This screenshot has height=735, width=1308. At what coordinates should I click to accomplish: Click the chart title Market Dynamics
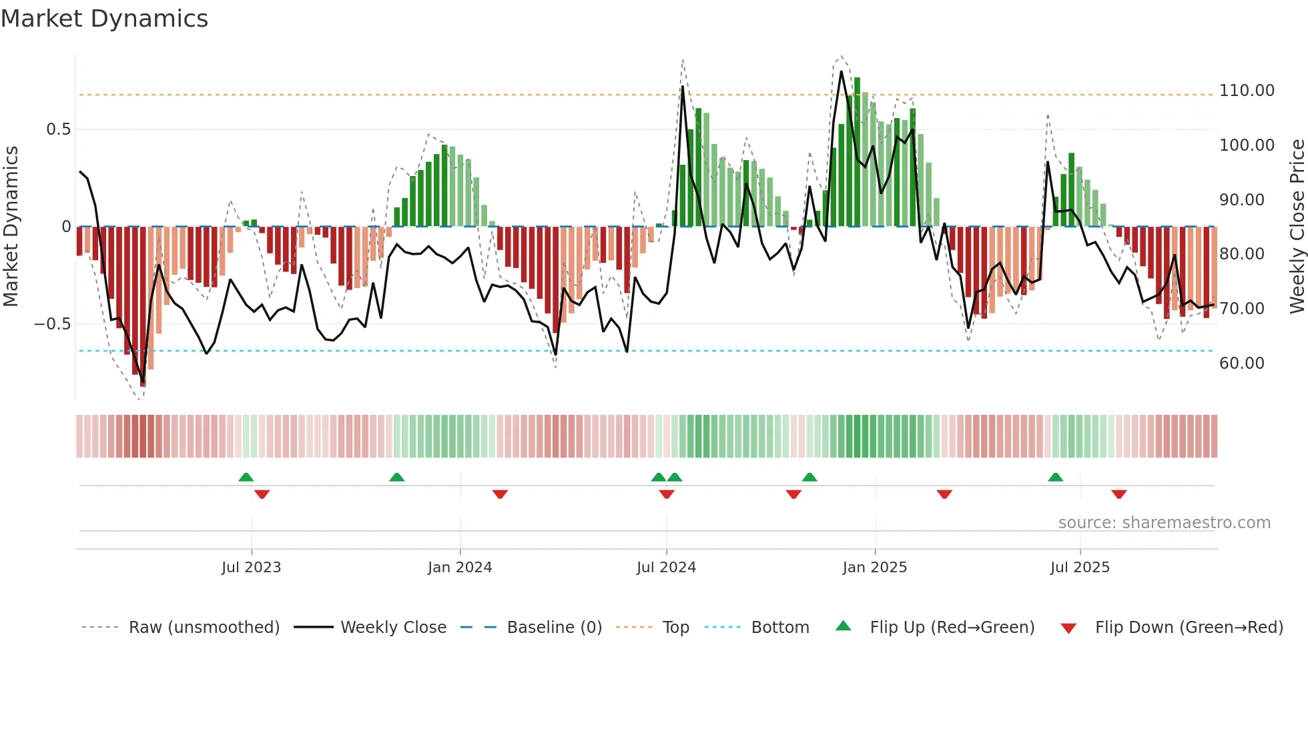tap(104, 19)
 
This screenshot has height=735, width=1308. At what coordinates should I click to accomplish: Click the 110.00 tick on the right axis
tap(1246, 91)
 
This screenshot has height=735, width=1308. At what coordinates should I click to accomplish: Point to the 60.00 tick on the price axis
tap(1241, 363)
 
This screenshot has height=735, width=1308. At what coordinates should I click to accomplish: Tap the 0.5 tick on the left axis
tap(58, 129)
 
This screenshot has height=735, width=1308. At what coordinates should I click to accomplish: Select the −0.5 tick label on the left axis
tap(53, 324)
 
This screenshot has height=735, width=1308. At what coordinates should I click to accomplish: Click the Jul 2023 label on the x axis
tap(251, 568)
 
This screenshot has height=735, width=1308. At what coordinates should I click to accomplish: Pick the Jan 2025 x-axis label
tap(874, 568)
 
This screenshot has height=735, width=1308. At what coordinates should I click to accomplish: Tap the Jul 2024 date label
tap(666, 568)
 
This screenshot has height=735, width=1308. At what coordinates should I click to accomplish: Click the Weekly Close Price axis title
tap(1297, 226)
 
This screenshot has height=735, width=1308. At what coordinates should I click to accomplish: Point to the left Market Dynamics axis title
tap(11, 226)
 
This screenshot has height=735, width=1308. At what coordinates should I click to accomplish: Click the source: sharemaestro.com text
tap(1164, 523)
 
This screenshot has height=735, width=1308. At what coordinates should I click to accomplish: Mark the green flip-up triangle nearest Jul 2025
tap(1055, 478)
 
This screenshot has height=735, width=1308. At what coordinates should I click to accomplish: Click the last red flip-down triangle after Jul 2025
tap(1119, 494)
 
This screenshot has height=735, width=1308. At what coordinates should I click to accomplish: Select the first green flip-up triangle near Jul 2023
tap(246, 478)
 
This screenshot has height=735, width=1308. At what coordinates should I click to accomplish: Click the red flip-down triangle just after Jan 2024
tap(500, 494)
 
